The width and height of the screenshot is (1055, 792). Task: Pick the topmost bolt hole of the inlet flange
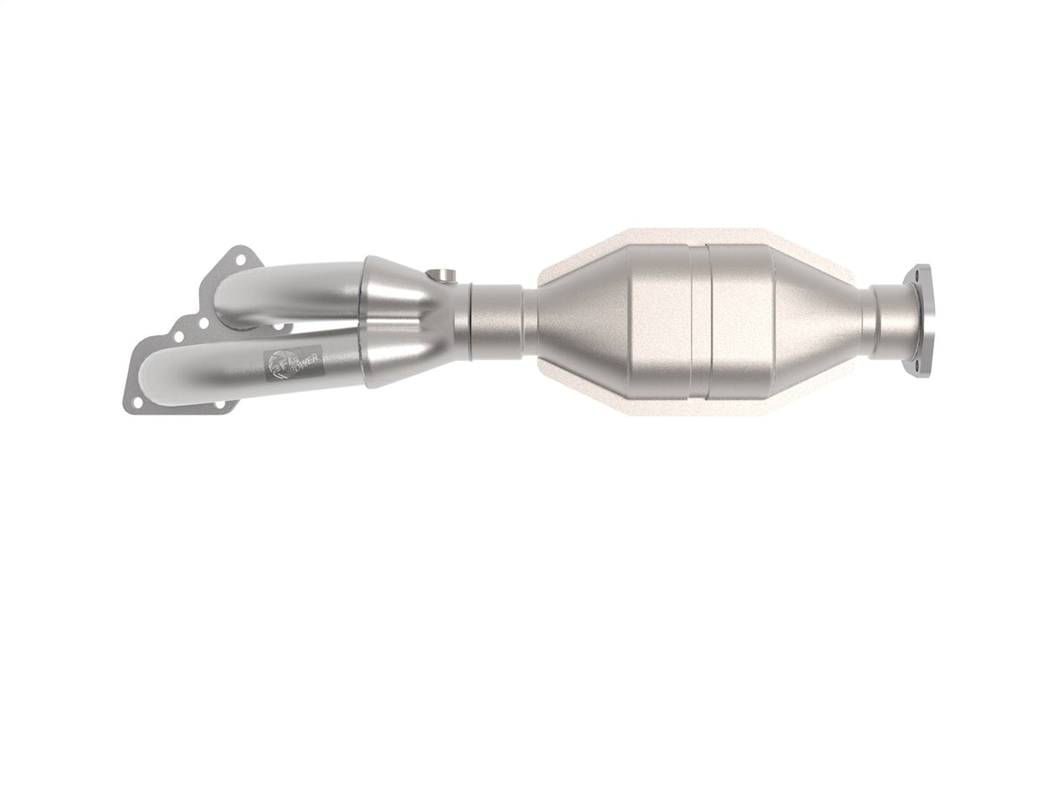click(232, 258)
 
